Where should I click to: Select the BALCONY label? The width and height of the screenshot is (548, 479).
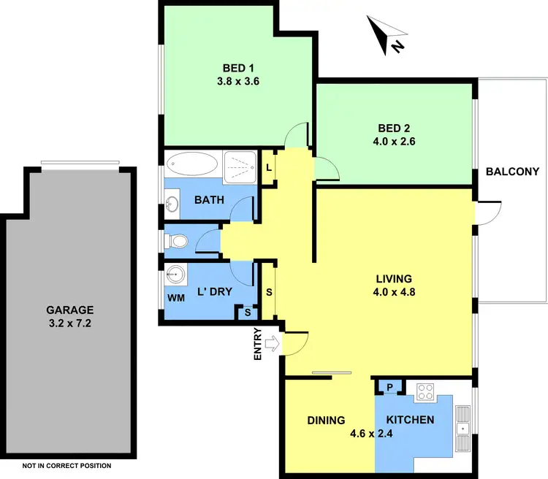[512, 172]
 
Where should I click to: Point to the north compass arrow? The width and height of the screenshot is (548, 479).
[387, 36]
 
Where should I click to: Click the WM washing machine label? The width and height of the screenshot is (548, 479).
[175, 299]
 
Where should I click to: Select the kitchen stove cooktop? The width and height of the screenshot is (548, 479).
[425, 392]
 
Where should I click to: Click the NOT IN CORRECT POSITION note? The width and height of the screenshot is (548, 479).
[66, 465]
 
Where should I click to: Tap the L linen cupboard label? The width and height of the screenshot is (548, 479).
[269, 168]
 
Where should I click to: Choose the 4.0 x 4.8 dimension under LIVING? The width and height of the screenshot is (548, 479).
[394, 293]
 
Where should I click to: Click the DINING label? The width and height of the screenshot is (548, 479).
[325, 420]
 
